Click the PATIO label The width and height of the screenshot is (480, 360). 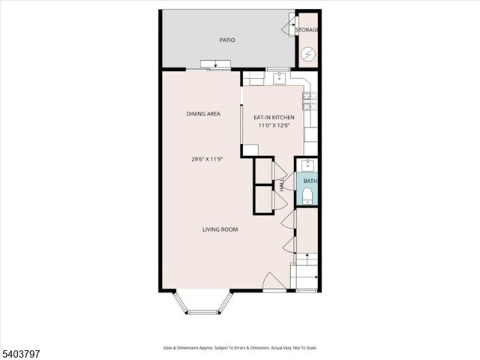pyautogui.click(x=227, y=40)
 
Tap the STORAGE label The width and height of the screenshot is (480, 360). pyautogui.click(x=307, y=30)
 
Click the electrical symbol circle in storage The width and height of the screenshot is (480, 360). pyautogui.click(x=308, y=54)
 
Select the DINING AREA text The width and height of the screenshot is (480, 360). pyautogui.click(x=203, y=114)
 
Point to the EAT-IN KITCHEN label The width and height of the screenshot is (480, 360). pyautogui.click(x=274, y=117)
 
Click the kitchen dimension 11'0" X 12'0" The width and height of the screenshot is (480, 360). pyautogui.click(x=274, y=126)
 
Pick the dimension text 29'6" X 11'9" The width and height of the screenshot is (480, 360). pyautogui.click(x=208, y=159)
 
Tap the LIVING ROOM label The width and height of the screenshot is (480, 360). pyautogui.click(x=220, y=229)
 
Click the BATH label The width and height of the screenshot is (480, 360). pyautogui.click(x=310, y=181)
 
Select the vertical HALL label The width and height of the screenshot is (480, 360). pyautogui.click(x=282, y=184)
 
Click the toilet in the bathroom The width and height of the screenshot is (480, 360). pyautogui.click(x=308, y=196)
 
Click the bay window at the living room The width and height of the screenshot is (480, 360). pyautogui.click(x=203, y=303)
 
